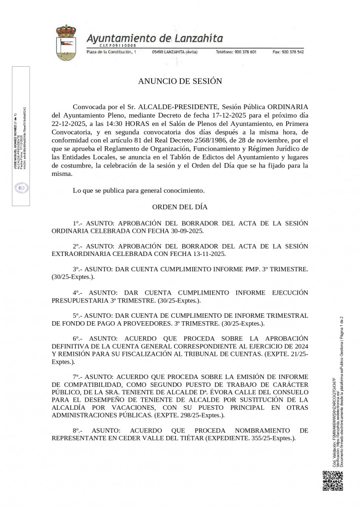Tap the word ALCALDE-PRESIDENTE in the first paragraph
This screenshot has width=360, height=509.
[178, 107]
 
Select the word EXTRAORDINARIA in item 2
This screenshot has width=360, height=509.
[80, 254]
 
